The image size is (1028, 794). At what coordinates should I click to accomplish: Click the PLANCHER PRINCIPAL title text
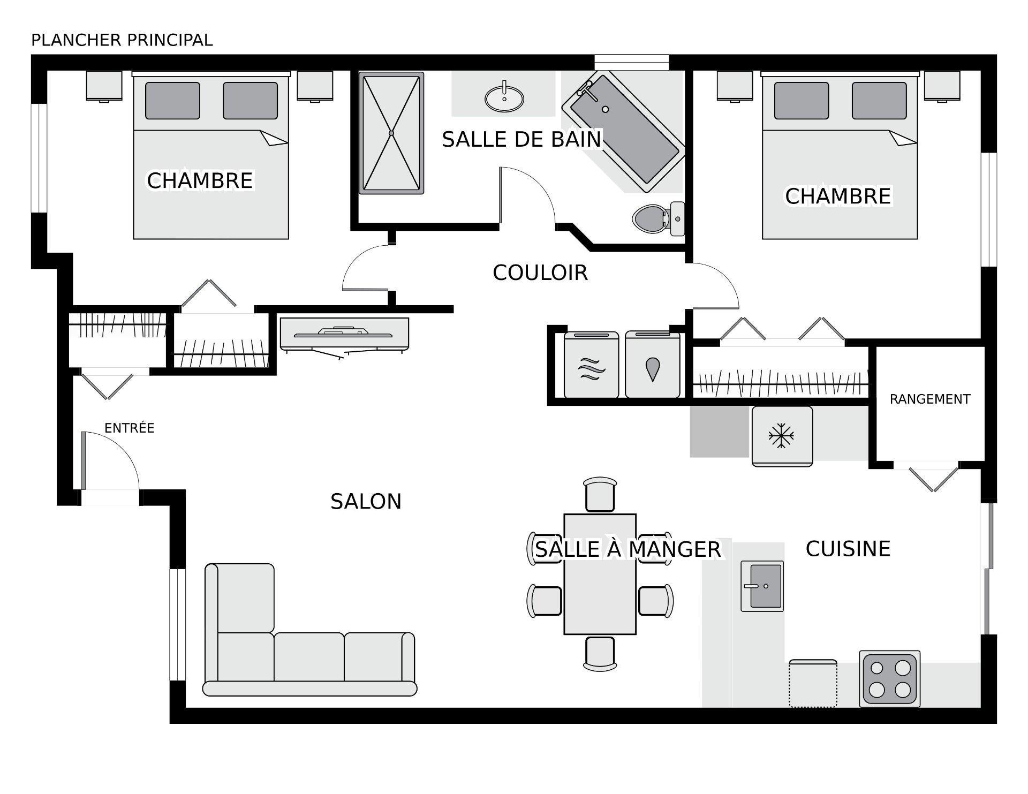coord(122,40)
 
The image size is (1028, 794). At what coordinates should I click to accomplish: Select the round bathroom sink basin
coord(504,99)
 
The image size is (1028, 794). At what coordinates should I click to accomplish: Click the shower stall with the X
coord(391,133)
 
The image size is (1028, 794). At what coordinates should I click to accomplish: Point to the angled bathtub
coord(623,132)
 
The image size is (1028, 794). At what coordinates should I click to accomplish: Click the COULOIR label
coord(540,273)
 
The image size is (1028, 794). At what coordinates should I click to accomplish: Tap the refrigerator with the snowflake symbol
coord(782,436)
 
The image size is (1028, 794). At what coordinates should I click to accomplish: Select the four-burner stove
coord(889,678)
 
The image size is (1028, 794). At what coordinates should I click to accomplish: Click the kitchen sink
coord(762,586)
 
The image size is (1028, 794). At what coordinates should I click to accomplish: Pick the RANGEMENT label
coord(929,399)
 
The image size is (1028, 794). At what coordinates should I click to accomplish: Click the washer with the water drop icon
coord(652,366)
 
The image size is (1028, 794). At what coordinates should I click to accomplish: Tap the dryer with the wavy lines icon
coord(591,366)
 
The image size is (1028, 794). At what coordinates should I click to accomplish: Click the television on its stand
coord(344,335)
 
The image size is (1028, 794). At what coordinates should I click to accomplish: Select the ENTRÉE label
coord(129,428)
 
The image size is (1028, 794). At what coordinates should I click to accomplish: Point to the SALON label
coord(366,502)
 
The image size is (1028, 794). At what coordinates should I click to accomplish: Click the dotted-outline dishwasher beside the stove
coord(812,684)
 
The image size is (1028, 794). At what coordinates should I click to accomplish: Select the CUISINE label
coord(848,549)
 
